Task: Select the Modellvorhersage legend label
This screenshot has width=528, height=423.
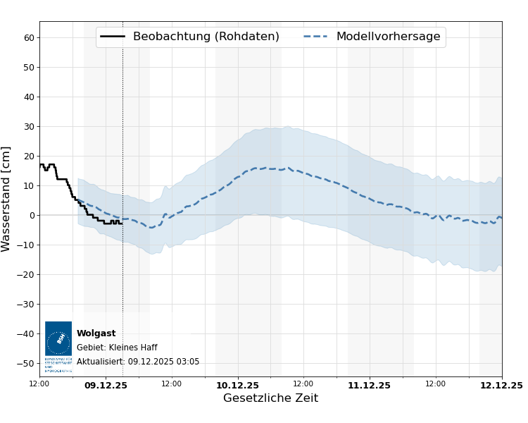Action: tap(388, 37)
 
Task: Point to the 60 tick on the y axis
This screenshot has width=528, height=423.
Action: tap(29, 38)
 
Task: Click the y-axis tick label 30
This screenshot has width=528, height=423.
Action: tap(29, 127)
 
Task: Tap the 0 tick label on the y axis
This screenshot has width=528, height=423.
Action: tap(32, 216)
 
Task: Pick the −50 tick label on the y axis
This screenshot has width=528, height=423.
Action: tap(26, 364)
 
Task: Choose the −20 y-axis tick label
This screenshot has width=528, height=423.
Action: tap(26, 275)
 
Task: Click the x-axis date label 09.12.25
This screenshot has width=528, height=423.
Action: tap(106, 386)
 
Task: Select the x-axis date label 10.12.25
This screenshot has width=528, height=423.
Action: tap(237, 386)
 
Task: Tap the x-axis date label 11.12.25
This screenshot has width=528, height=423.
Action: tap(369, 386)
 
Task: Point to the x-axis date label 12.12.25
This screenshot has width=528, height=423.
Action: tap(501, 386)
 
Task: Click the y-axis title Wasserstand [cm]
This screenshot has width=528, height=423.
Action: tap(7, 199)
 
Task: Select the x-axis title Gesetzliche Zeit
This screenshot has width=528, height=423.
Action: tap(270, 398)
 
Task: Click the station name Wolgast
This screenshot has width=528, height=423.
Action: tap(96, 333)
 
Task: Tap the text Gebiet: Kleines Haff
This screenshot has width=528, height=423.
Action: tap(117, 348)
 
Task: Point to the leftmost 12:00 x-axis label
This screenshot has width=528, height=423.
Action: tap(39, 384)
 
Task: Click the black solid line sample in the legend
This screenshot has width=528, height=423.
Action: tap(113, 37)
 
